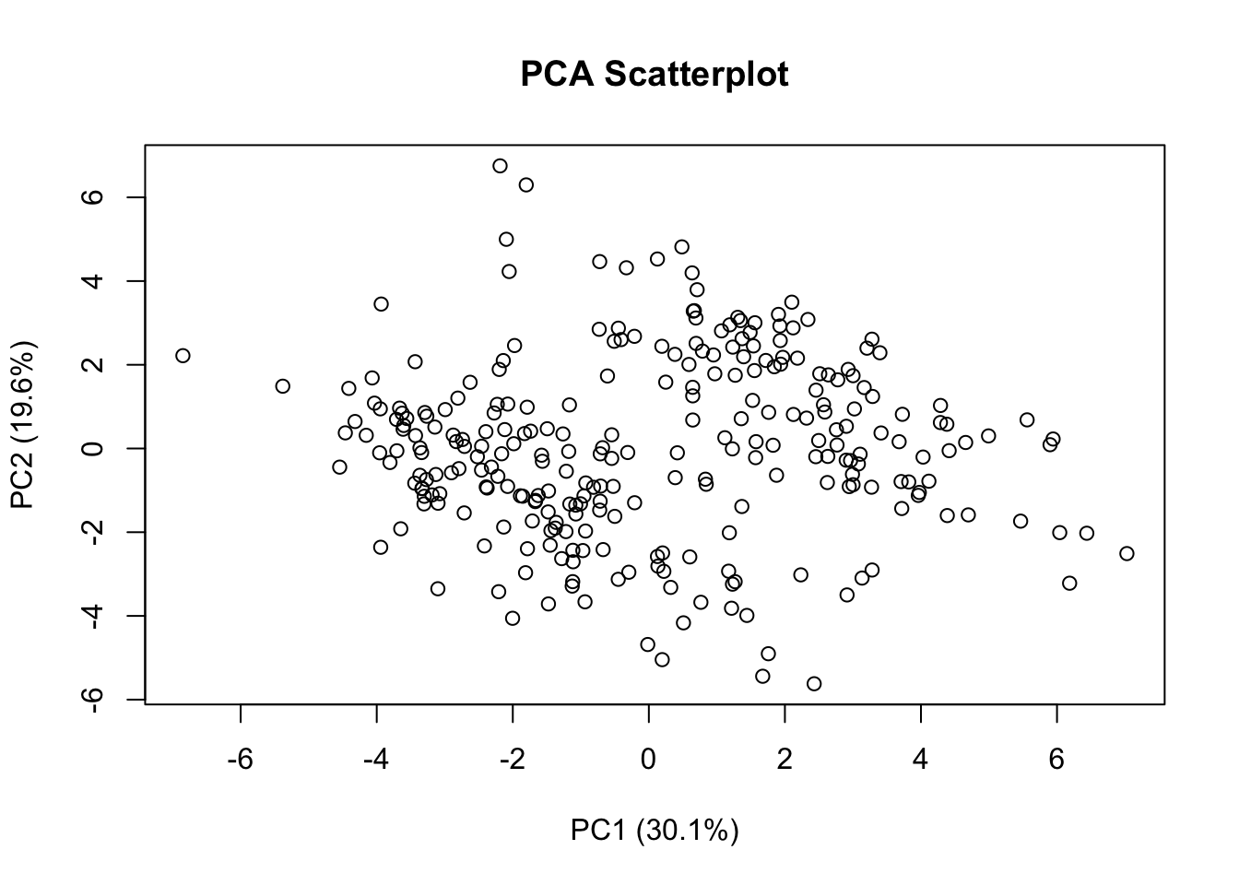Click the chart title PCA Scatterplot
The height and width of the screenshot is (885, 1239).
point(654,74)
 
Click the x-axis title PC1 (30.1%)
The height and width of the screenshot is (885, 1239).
point(654,831)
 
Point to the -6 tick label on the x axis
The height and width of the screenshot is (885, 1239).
point(241,761)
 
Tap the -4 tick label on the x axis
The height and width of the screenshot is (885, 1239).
point(376,761)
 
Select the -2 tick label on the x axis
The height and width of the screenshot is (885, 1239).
point(513,761)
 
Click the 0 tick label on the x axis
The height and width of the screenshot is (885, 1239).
point(649,761)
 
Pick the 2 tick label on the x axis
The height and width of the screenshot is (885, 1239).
point(785,761)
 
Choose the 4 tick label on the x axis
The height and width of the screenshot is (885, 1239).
point(920,761)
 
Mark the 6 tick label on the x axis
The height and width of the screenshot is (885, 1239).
point(1056,761)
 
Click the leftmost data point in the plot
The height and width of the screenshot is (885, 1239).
point(183,356)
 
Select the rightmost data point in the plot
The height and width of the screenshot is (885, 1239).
point(1127,553)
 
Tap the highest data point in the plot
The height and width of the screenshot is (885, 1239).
point(500,166)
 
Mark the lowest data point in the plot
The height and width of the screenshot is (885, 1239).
point(814,683)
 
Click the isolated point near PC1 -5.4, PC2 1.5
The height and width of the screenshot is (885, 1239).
point(282,386)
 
